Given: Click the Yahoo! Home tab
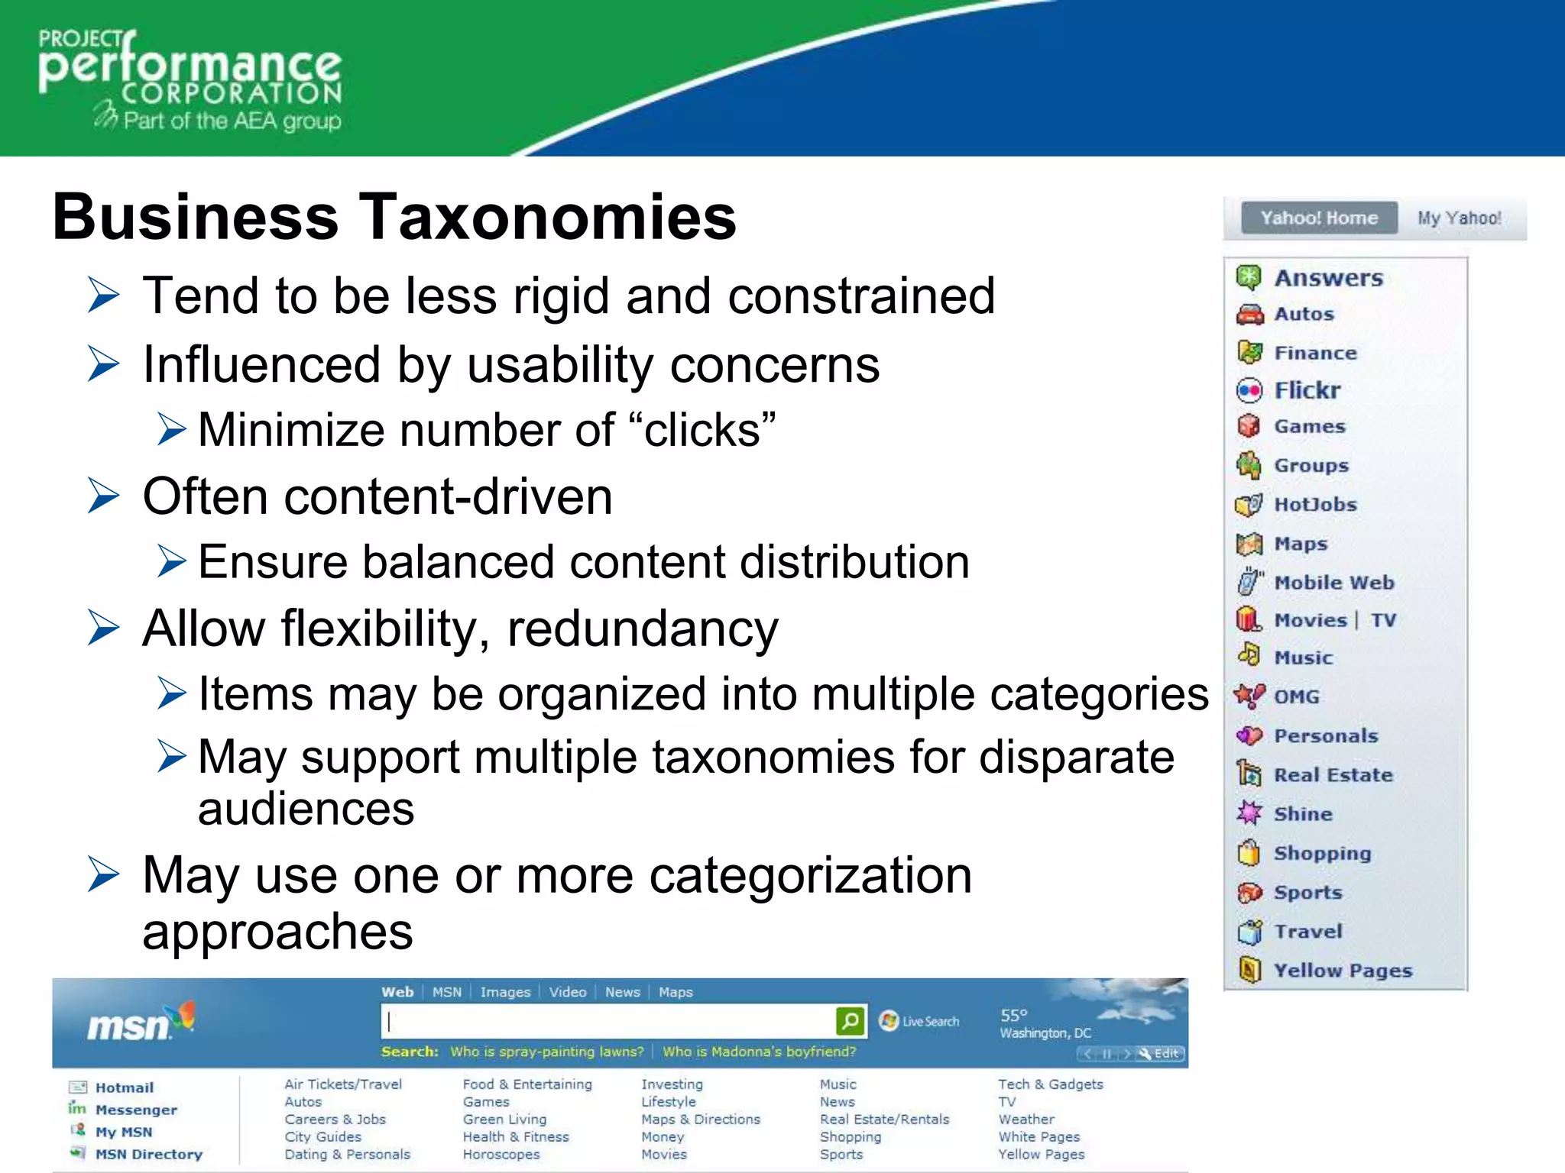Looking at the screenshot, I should click(x=1319, y=218).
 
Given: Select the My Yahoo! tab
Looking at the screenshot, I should click(x=1459, y=218).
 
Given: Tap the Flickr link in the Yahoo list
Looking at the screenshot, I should click(x=1307, y=390).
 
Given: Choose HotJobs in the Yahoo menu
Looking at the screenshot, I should click(x=1315, y=505).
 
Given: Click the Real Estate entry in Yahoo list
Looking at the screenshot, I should click(x=1333, y=775).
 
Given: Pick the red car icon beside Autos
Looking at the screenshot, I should click(x=1249, y=315).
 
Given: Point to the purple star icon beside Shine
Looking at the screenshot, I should click(x=1249, y=813).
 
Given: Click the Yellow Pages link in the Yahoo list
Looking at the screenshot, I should click(x=1343, y=971).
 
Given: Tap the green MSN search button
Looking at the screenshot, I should click(x=851, y=1021).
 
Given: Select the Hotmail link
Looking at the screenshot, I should click(x=125, y=1087).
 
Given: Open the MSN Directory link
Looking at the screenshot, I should click(x=149, y=1155).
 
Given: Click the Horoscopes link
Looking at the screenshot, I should click(x=501, y=1155).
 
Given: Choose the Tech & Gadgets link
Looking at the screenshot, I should click(x=1051, y=1084).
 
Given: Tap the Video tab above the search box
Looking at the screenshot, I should click(x=568, y=992).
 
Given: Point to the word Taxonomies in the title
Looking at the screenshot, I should click(x=547, y=217).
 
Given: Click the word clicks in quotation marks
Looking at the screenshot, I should click(x=702, y=430).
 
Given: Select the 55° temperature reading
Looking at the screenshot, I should click(x=1014, y=1016).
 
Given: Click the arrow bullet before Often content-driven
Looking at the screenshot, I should click(x=104, y=496).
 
